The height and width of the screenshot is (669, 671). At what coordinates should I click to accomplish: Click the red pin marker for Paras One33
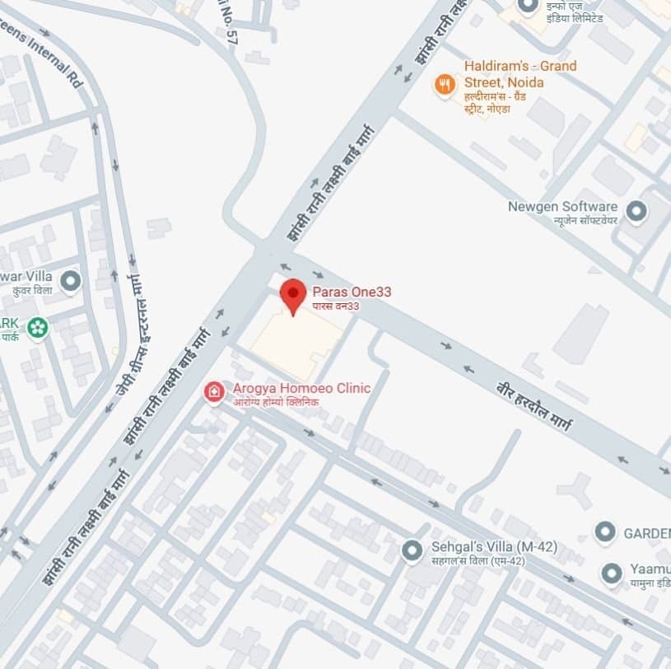click(293, 294)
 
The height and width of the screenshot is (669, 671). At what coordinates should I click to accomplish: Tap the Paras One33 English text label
click(352, 292)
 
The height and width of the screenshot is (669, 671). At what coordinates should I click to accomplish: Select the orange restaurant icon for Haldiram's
click(445, 84)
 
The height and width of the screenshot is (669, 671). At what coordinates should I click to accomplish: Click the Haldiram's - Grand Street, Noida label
click(520, 74)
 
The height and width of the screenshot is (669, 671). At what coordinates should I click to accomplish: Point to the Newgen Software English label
click(562, 206)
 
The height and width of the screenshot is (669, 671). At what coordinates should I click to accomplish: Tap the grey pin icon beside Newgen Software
click(636, 212)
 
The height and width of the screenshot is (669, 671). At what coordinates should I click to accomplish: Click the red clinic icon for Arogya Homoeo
click(214, 392)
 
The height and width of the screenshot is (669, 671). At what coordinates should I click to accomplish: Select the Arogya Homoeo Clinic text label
click(301, 388)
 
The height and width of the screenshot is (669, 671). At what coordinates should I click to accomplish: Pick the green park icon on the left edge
click(37, 328)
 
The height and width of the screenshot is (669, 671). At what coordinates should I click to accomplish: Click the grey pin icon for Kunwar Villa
click(71, 281)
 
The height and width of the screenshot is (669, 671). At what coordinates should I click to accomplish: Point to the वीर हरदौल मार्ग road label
click(534, 407)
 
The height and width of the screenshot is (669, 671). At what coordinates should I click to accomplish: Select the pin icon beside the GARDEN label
click(606, 532)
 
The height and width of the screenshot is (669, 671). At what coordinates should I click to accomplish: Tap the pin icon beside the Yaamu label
click(611, 573)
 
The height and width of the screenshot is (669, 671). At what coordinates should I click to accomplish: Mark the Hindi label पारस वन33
click(336, 306)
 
